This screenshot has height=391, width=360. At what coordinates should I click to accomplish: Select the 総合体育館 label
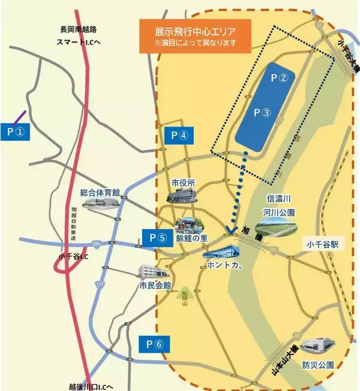(100, 193)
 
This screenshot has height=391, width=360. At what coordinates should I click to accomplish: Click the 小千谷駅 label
(323, 245)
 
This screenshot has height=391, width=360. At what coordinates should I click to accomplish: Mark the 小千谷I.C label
(74, 256)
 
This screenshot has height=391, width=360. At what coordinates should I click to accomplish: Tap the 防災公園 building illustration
(317, 347)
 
